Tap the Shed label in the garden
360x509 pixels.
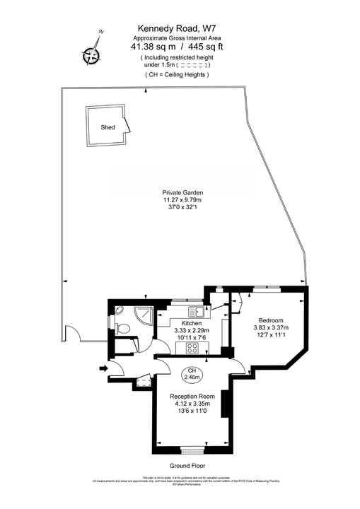(x=108, y=128)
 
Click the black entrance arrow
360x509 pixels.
(x=104, y=368)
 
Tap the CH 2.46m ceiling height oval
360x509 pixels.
(x=191, y=375)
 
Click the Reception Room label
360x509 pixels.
(x=192, y=397)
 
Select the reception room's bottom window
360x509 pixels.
(x=192, y=449)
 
